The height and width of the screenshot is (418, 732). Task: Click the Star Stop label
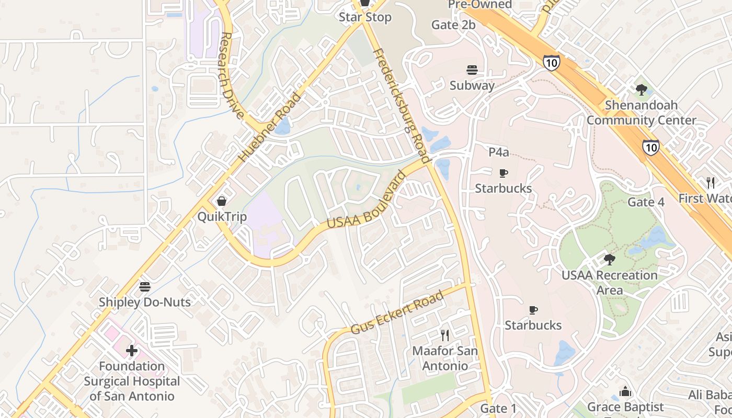click(x=365, y=17)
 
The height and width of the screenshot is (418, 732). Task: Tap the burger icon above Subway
click(x=472, y=70)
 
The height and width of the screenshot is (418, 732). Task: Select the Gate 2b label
click(x=453, y=25)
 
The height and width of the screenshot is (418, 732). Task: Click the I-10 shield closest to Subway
click(x=551, y=63)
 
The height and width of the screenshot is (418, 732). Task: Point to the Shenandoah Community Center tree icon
click(x=641, y=90)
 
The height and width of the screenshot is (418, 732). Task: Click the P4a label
click(x=498, y=152)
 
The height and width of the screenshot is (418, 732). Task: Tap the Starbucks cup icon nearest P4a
click(x=503, y=173)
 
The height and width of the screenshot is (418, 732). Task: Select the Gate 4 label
click(x=646, y=202)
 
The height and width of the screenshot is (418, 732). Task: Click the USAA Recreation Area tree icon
click(x=609, y=259)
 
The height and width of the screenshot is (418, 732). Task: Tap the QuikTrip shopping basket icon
click(x=222, y=201)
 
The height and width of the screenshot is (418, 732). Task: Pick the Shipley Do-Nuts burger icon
click(x=145, y=286)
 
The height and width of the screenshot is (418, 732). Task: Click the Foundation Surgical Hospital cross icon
click(x=132, y=350)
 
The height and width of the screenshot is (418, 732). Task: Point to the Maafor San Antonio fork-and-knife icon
click(x=445, y=335)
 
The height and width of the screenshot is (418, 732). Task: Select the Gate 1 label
click(x=498, y=408)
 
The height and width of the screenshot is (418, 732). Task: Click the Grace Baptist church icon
click(x=625, y=391)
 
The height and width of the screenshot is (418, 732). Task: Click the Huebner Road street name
click(x=270, y=127)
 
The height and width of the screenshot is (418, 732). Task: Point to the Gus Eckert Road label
click(x=397, y=312)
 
